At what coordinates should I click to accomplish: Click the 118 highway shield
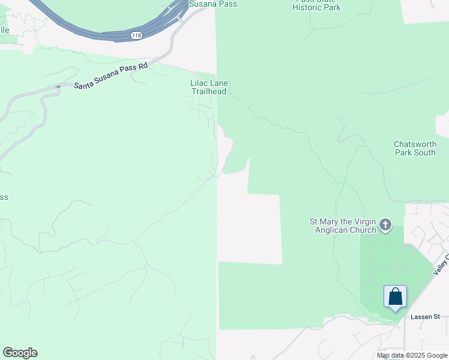coord(136,37)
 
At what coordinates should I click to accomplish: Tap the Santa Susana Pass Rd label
coord(110,77)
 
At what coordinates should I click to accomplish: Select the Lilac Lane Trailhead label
coord(209,88)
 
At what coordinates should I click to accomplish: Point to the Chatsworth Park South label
coord(415,148)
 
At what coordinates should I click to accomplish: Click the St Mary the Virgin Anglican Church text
coord(343,226)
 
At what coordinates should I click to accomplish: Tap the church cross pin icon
coord(385,226)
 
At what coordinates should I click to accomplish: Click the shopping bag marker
coord(395,297)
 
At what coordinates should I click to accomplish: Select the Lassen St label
coord(426,316)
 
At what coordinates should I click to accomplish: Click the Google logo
coord(20,353)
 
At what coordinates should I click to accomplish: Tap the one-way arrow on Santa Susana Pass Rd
coord(58,87)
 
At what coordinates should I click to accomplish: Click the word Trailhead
coord(209,92)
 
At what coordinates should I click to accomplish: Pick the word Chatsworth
coord(415,144)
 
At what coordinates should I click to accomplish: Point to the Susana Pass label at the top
coord(212,4)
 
